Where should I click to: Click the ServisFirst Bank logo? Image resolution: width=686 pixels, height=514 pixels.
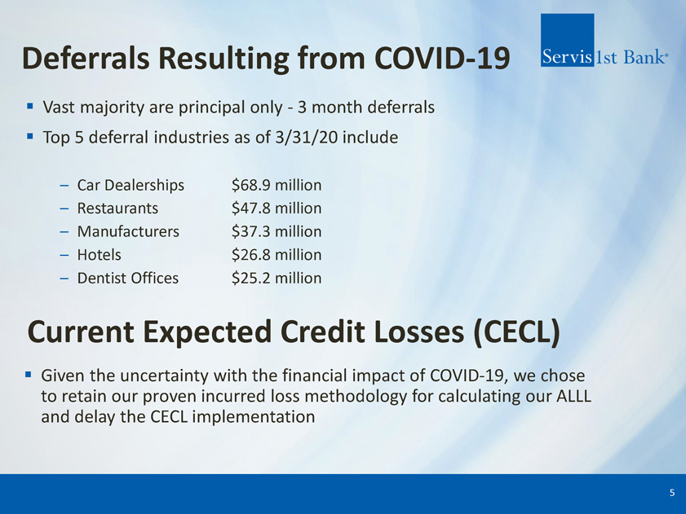coord(604,40)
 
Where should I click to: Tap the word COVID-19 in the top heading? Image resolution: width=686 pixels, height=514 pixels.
coord(442,58)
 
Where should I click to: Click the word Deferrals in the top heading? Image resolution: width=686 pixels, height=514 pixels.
coord(86,58)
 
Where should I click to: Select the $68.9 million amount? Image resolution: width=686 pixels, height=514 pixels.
coord(277,185)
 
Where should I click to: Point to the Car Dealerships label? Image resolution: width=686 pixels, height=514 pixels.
coord(131,185)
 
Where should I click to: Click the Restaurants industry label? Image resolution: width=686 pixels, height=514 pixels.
coord(117,208)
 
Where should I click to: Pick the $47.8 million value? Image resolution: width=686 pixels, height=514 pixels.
coord(277,208)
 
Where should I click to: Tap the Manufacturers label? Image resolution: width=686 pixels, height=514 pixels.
coord(128,231)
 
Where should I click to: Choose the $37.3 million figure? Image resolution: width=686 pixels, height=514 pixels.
coord(277,231)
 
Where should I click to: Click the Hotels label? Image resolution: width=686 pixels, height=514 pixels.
coord(100,254)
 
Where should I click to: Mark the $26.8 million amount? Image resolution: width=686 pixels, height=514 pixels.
coord(277,254)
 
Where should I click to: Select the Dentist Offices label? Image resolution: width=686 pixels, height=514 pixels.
coord(128,278)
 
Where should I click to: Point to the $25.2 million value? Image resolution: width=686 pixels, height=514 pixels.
coord(277,278)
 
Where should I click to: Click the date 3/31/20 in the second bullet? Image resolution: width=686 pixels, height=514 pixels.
coord(307,137)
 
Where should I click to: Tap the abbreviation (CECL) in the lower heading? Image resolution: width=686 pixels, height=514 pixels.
coord(516,332)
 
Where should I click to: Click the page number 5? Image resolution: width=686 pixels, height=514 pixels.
coord(672,493)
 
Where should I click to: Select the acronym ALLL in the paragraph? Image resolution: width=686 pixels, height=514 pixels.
coord(573,396)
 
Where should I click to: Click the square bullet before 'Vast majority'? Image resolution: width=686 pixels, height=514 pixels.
coord(29,106)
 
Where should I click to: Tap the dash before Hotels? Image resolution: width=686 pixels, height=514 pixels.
coord(64,255)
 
